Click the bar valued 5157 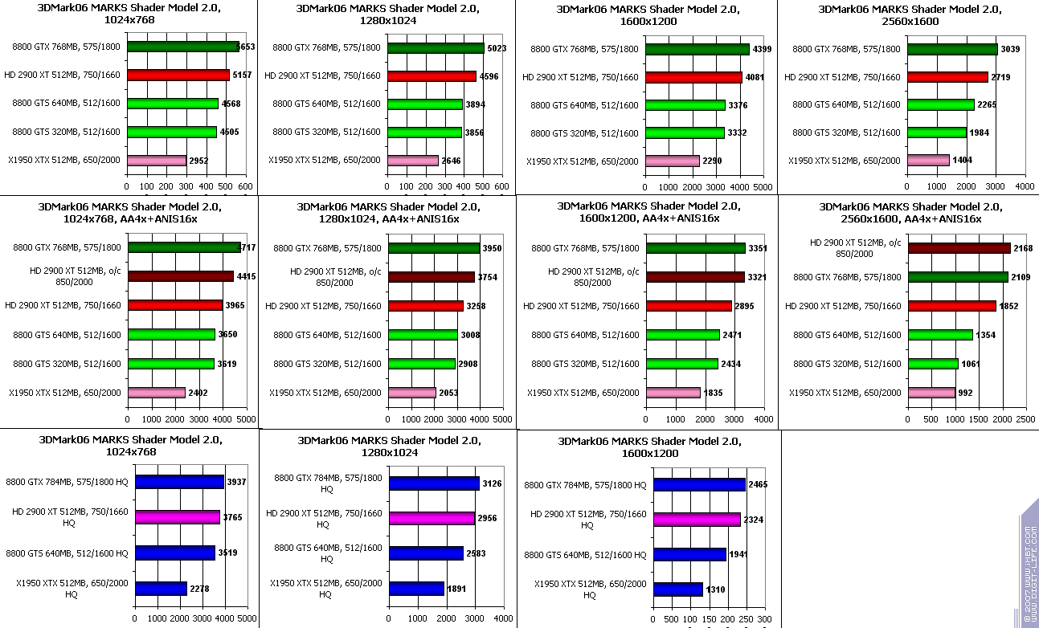pyautogui.click(x=178, y=75)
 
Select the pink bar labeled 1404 pyautogui.click(x=928, y=161)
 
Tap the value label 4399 pyautogui.click(x=762, y=50)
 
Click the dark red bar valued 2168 pyautogui.click(x=959, y=248)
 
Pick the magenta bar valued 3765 pyautogui.click(x=178, y=517)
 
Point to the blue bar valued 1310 pyautogui.click(x=678, y=589)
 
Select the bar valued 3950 pyautogui.click(x=434, y=248)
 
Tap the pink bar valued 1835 pyautogui.click(x=673, y=393)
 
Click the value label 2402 pyautogui.click(x=199, y=393)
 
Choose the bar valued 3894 pyautogui.click(x=425, y=104)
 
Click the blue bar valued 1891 pyautogui.click(x=416, y=589)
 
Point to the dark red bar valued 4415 pyautogui.click(x=180, y=276)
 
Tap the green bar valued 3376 pyautogui.click(x=685, y=105)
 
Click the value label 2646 pyautogui.click(x=451, y=161)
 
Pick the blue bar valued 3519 pyautogui.click(x=175, y=553)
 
